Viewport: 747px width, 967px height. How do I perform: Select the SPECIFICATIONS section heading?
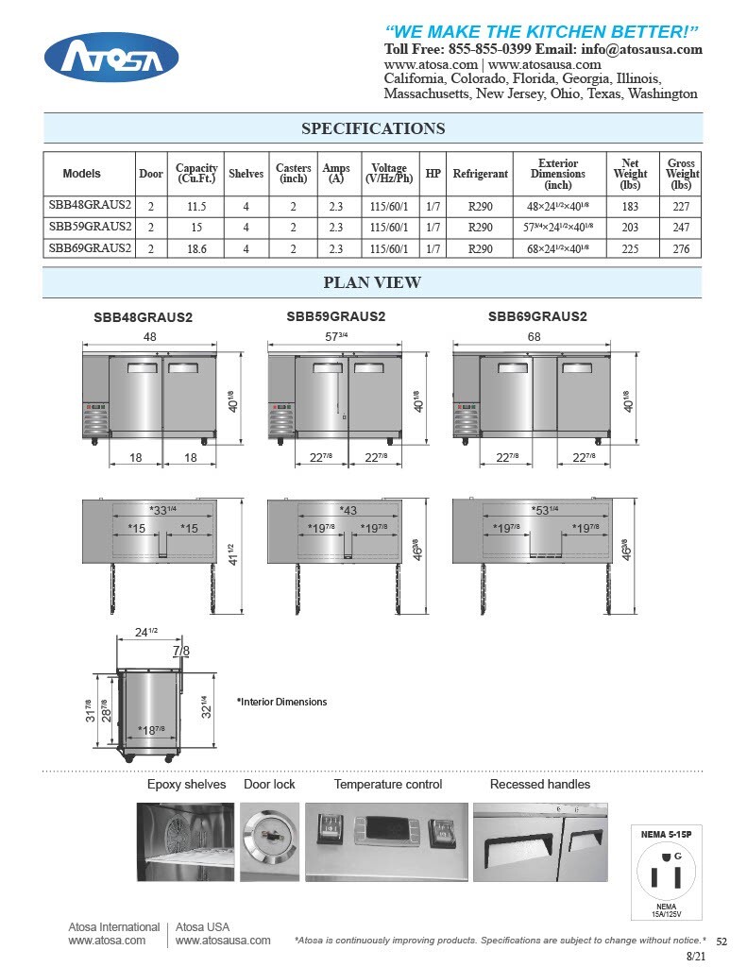tap(373, 128)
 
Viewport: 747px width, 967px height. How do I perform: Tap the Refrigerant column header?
tap(480, 174)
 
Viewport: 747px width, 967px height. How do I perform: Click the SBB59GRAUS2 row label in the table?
tap(90, 227)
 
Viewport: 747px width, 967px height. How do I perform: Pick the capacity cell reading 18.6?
tap(196, 248)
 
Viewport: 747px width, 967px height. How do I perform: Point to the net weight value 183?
tap(630, 206)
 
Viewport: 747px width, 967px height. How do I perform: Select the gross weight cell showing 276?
tap(681, 248)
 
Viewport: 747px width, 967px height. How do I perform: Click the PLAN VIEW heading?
tap(372, 282)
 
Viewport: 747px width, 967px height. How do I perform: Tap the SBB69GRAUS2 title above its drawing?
tap(537, 317)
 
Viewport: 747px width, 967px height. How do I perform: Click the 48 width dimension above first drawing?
tap(150, 337)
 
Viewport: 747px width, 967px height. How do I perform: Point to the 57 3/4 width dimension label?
tap(339, 337)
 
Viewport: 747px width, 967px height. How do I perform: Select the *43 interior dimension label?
tap(348, 510)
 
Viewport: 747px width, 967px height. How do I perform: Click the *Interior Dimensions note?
tap(281, 702)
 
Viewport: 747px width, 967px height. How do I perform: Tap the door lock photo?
tap(269, 841)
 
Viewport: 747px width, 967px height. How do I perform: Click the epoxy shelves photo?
tap(185, 841)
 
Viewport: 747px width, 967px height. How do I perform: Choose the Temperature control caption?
tap(387, 784)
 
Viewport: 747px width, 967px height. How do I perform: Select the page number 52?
tap(722, 942)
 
